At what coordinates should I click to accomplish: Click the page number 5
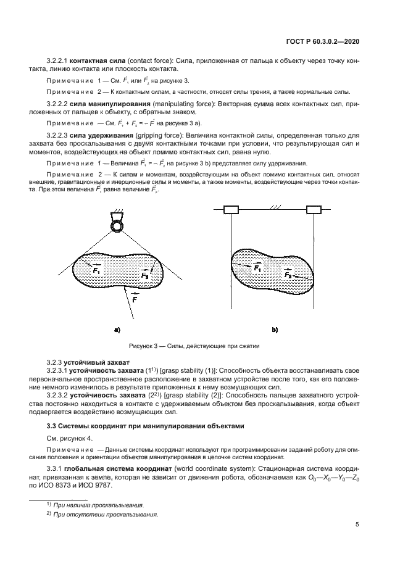(x=357, y=525)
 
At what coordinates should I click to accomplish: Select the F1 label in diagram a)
(x=98, y=269)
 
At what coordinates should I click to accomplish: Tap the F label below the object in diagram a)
(x=135, y=299)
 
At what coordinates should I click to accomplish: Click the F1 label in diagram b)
(x=257, y=268)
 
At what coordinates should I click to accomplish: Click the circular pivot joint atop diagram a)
(x=115, y=226)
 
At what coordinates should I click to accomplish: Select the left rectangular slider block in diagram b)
(x=230, y=211)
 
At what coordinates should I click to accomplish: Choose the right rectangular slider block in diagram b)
(x=313, y=211)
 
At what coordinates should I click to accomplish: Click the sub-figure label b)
(x=275, y=330)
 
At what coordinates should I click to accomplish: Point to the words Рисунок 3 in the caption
(x=142, y=346)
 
